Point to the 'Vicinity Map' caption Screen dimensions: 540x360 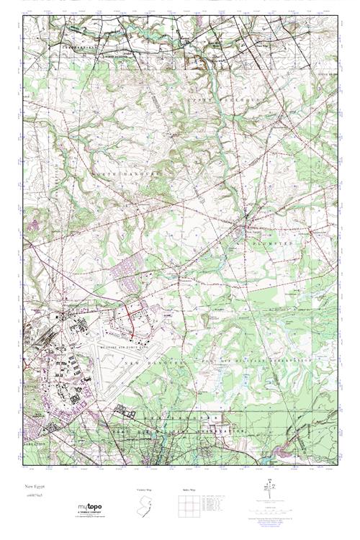pyautogui.click(x=145, y=489)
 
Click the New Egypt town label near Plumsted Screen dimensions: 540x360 pyautogui.click(x=248, y=232)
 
